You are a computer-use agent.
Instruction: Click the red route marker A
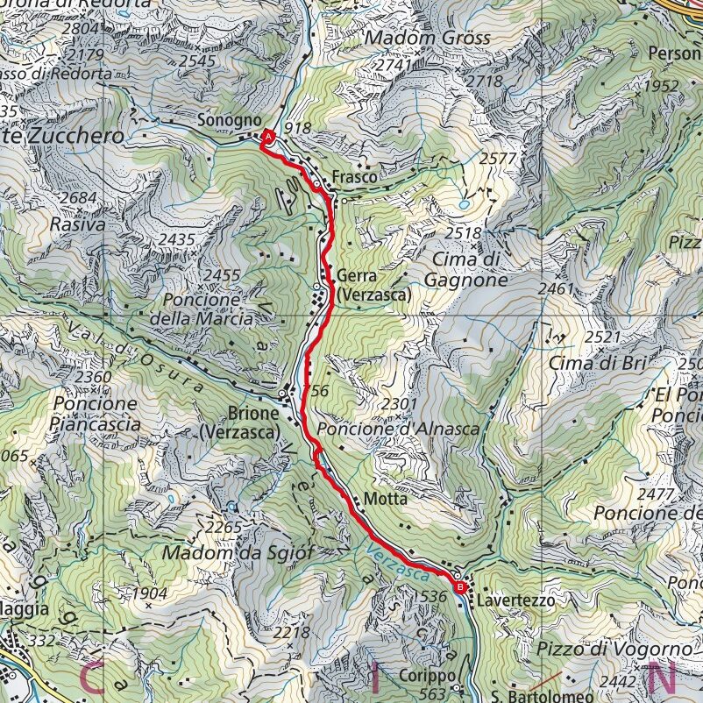tap(269, 137)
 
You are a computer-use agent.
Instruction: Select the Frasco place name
tap(355, 177)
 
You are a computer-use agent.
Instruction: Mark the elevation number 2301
tap(401, 403)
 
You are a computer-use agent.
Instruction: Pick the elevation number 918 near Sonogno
tap(297, 129)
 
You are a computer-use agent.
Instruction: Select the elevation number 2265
tap(223, 527)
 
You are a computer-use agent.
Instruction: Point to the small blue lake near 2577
tap(463, 203)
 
